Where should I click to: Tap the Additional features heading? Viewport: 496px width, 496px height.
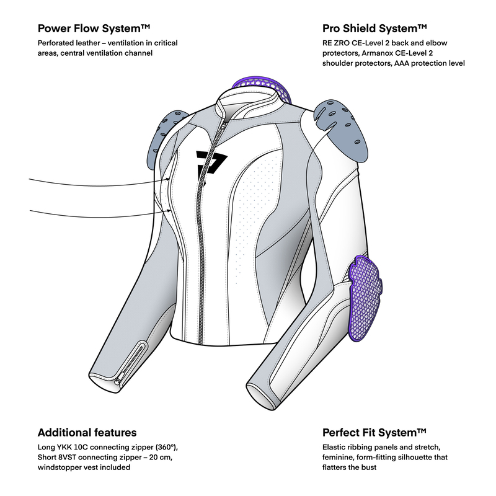click(87, 432)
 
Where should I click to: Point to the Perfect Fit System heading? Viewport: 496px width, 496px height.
click(374, 432)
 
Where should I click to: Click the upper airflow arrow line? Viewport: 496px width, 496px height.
click(93, 182)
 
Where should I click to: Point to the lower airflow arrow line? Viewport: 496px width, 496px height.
click(93, 212)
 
